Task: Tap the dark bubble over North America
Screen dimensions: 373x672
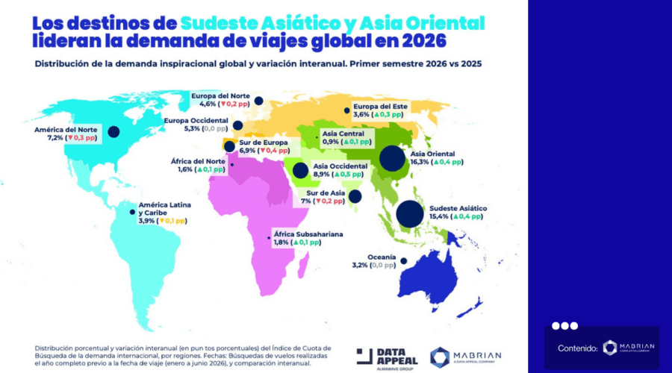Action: click(113, 132)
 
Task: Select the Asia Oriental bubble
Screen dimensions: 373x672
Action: click(393, 158)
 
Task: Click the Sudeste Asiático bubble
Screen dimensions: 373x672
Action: click(409, 214)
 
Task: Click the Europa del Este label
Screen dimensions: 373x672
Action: click(379, 106)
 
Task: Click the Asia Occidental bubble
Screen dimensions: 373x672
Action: click(300, 171)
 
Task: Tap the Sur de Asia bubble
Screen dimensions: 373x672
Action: click(355, 197)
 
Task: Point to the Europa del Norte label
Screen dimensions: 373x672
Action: click(220, 96)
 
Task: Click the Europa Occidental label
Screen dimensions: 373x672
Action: click(196, 119)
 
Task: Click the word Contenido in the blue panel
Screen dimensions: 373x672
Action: click(578, 348)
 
